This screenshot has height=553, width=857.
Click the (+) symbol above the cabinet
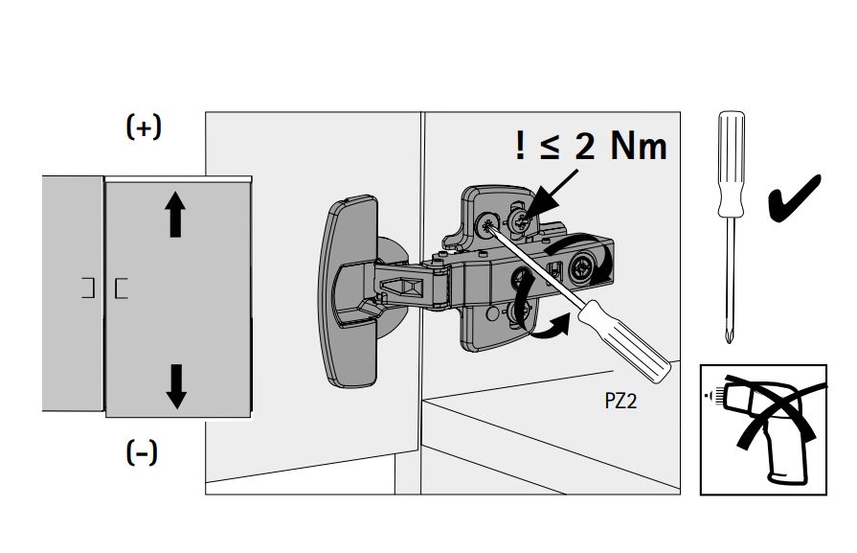pyautogui.click(x=144, y=128)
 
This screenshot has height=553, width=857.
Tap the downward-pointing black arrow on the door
pyautogui.click(x=175, y=385)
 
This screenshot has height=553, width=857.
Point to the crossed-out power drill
pyautogui.click(x=763, y=428)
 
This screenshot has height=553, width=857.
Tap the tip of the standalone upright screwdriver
pyautogui.click(x=731, y=335)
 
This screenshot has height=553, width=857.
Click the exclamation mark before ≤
pyautogui.click(x=520, y=147)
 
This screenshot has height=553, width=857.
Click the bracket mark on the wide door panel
pyautogui.click(x=121, y=288)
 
